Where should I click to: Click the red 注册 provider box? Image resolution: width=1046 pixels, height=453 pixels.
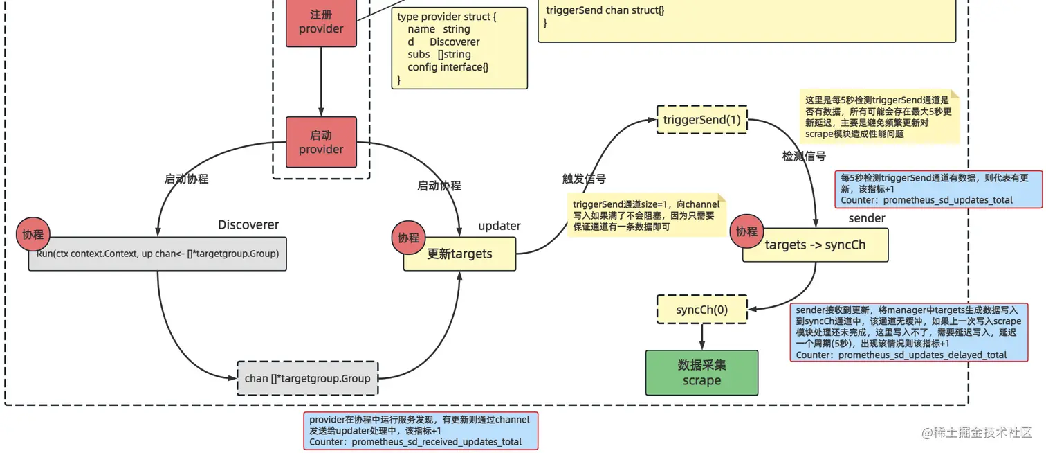point(321,22)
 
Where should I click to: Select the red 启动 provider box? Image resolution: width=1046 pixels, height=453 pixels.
point(321,142)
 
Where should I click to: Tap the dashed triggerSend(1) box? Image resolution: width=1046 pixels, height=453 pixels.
point(701,120)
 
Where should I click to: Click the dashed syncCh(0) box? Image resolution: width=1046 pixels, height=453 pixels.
point(701,309)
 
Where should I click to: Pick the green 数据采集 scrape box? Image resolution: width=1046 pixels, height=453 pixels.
point(701,373)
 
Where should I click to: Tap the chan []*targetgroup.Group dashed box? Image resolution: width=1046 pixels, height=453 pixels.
point(307,378)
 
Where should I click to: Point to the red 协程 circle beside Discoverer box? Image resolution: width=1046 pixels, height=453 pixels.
point(33,234)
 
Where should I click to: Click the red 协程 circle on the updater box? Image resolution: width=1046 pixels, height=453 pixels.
point(408,238)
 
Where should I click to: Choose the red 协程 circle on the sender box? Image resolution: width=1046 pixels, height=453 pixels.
point(746,231)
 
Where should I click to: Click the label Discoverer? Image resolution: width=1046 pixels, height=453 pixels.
point(248,224)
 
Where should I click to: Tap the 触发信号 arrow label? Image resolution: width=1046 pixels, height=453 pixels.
point(584,179)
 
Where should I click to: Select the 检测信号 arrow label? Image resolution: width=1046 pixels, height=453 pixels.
point(804,157)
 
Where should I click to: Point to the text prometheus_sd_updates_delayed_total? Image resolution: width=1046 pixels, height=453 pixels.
point(922,355)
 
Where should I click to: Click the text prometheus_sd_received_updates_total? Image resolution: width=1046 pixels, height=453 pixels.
point(437,442)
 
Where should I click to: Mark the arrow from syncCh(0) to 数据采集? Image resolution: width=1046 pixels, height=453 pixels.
point(701,337)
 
